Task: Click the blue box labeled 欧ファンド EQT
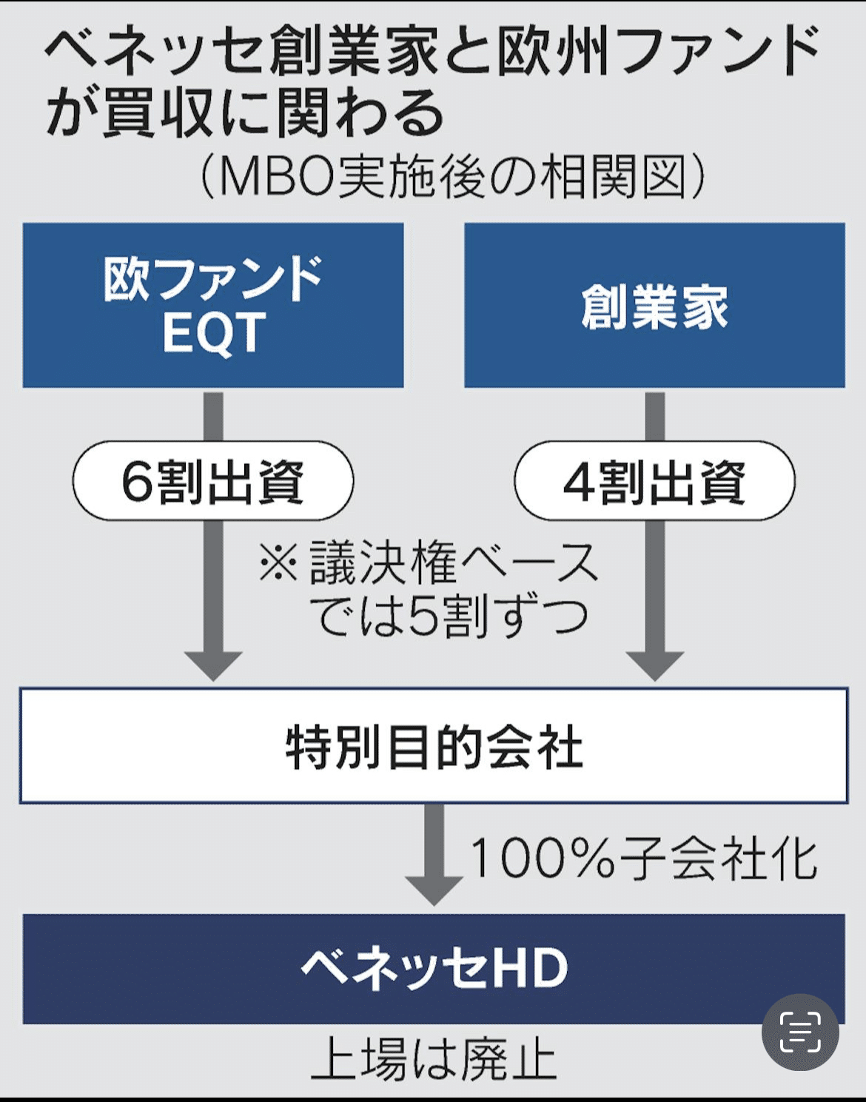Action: pos(213,305)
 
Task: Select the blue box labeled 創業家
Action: pos(654,305)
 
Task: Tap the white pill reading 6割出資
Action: pos(213,481)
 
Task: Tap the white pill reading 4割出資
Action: pos(654,481)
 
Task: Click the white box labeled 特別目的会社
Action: pos(434,745)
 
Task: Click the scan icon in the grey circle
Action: pos(800,1032)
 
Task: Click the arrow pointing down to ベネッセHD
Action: pos(434,855)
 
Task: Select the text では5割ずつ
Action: pos(453,616)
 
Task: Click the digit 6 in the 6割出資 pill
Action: pos(137,482)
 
